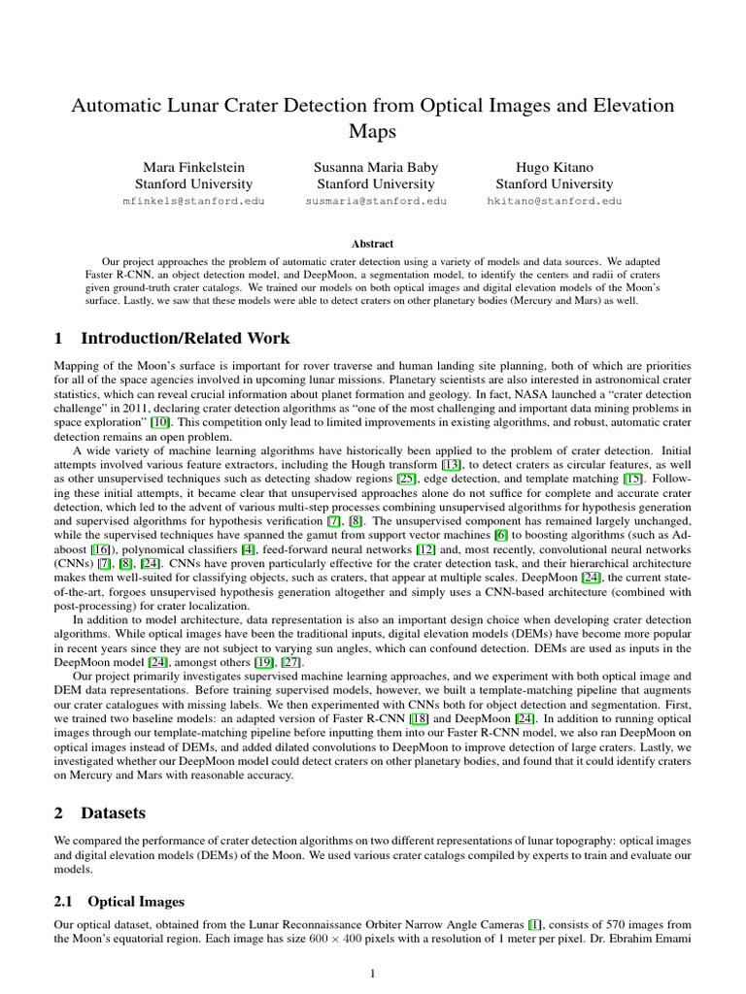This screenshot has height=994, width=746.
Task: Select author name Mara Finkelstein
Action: (193, 166)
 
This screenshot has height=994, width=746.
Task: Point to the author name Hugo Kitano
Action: (554, 166)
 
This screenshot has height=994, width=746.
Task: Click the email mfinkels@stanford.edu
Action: (193, 201)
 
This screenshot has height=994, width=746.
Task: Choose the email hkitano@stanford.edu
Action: (554, 201)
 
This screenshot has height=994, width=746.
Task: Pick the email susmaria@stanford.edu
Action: (376, 201)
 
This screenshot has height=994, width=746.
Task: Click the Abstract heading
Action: (373, 245)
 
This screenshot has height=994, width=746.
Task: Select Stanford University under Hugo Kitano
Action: (554, 183)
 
